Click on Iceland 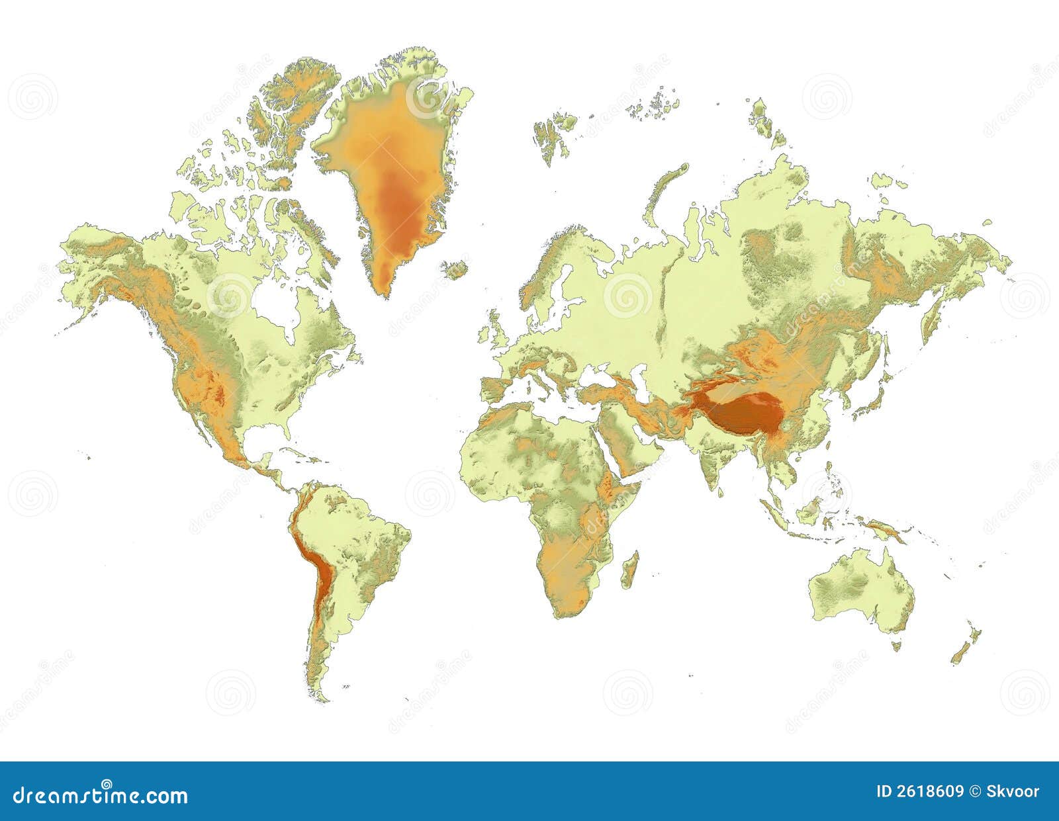455,269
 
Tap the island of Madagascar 631,570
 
